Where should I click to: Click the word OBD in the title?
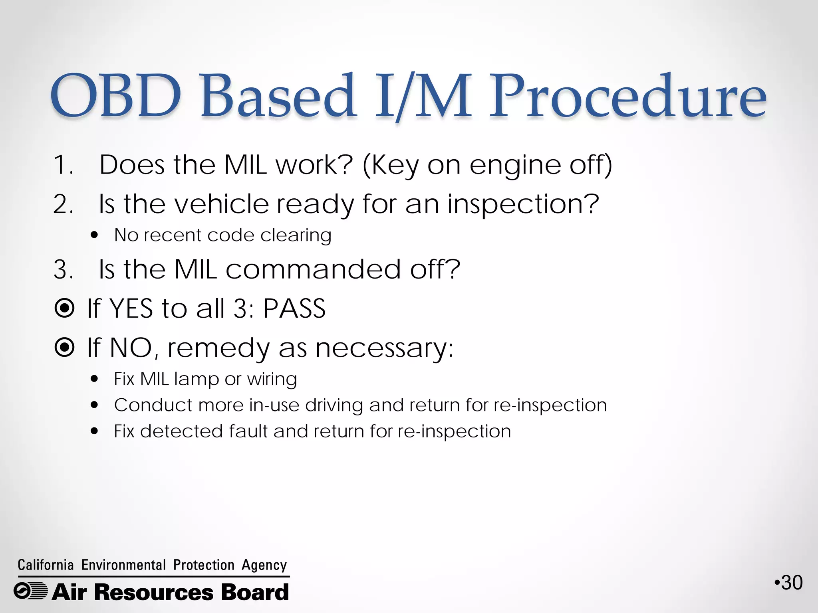point(116,96)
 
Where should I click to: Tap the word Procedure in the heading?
point(627,96)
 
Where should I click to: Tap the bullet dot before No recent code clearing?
point(94,235)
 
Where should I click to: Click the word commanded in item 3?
point(313,269)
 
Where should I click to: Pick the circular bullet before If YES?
point(64,308)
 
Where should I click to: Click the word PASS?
point(294,308)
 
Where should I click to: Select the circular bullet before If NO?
point(64,347)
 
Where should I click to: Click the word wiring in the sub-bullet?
point(272,379)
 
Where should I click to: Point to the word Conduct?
point(153,405)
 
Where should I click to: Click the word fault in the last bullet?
point(248,431)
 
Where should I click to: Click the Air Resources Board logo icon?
point(30,591)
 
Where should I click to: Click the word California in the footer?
point(46,565)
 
